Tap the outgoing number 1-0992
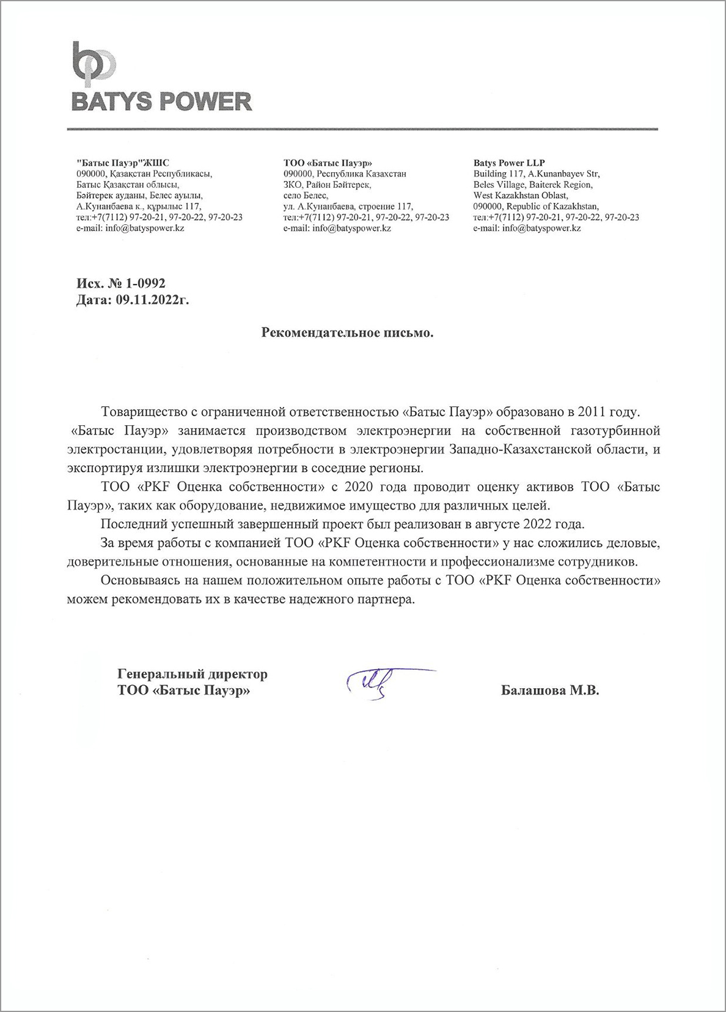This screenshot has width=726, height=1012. coord(145,284)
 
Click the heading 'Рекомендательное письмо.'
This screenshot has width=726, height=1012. coord(347,333)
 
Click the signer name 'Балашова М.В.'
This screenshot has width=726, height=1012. coord(549,691)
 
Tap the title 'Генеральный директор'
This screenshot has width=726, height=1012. coord(193,674)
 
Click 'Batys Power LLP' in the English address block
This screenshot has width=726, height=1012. coord(509,163)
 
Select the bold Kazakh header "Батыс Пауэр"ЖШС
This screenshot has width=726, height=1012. coord(123,163)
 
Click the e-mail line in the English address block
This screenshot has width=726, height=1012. coord(527,228)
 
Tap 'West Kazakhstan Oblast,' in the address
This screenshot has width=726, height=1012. coord(521,196)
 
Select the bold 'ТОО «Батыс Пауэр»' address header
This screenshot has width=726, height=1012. coord(328,163)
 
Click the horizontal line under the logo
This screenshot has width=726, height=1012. coord(362,130)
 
